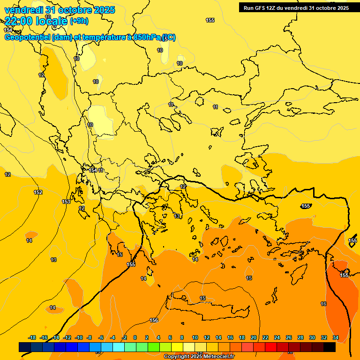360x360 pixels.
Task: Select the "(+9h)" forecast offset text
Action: pyautogui.click(x=79, y=21)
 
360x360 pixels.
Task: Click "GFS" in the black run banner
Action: pyautogui.click(x=259, y=8)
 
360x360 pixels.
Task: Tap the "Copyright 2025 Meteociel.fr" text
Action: pyautogui.click(x=199, y=357)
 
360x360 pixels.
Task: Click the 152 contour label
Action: pyautogui.click(x=38, y=192)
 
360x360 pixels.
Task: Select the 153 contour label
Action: pyautogui.click(x=66, y=202)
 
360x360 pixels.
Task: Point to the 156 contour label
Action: pyautogui.click(x=154, y=320)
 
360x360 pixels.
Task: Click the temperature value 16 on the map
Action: pyautogui.click(x=323, y=304)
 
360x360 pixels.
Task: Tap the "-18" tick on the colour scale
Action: pyautogui.click(x=32, y=337)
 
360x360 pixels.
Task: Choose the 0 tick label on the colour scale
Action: pyautogui.click(x=135, y=337)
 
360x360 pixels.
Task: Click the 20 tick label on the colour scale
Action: pyautogui.click(x=254, y=337)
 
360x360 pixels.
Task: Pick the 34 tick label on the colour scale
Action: pyautogui.click(x=336, y=337)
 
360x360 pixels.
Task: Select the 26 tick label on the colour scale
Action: pyautogui.click(x=289, y=337)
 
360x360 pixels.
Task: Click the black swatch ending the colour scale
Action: pyautogui.click(x=330, y=347)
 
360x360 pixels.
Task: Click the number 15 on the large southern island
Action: pyautogui.click(x=202, y=298)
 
